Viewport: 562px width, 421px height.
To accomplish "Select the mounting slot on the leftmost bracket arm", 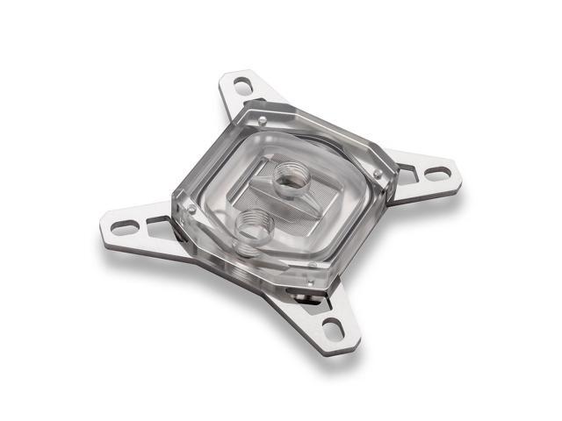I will [x=126, y=228].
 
